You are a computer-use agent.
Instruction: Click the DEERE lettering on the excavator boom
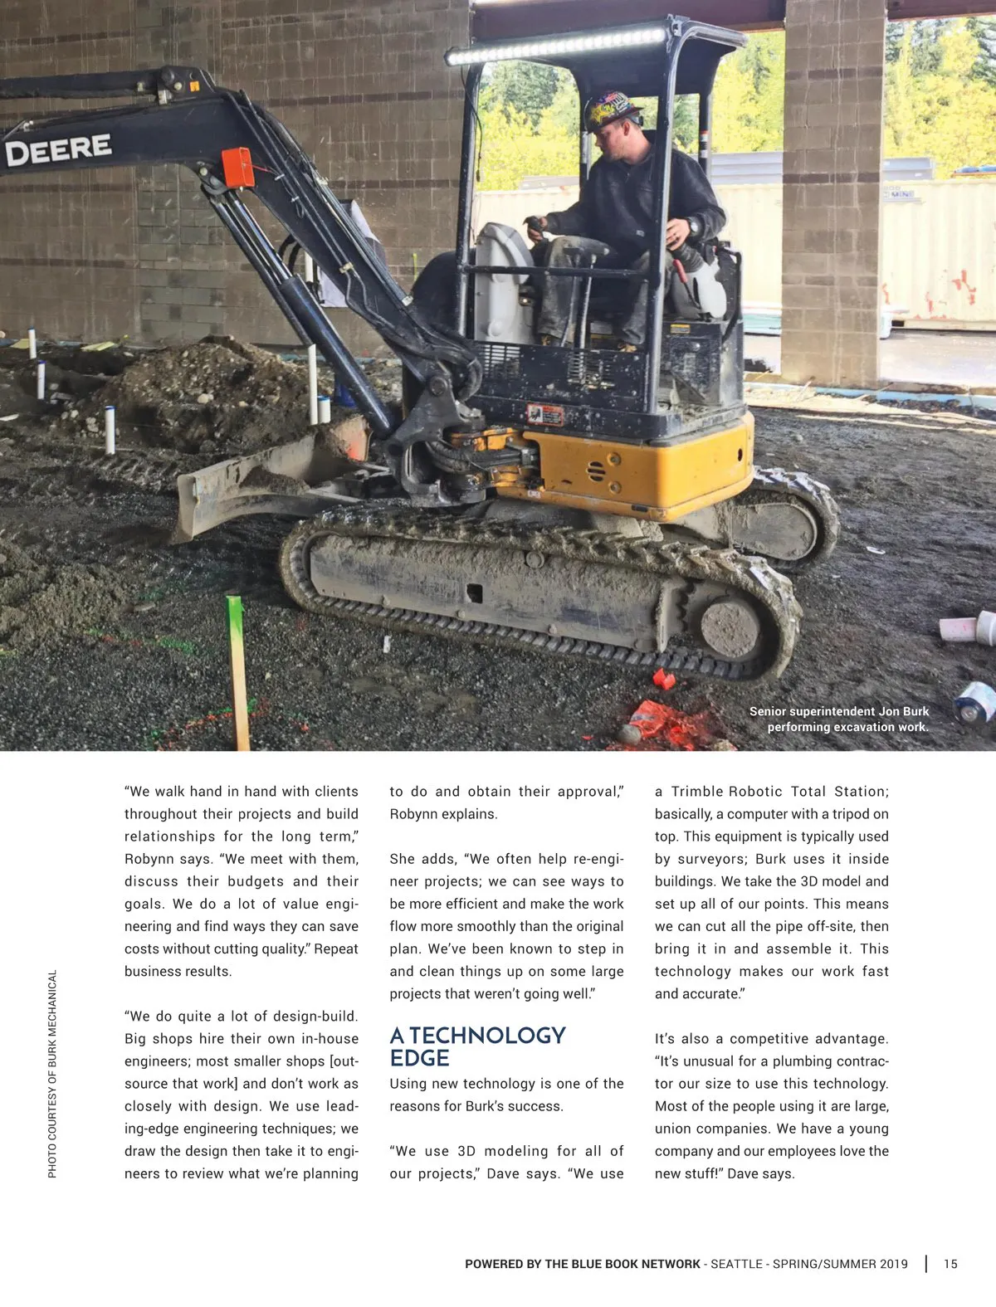[x=58, y=150]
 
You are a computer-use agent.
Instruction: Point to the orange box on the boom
[x=238, y=167]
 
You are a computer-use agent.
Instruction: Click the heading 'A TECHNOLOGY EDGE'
[x=477, y=1046]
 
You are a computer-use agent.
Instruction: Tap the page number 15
[x=950, y=1264]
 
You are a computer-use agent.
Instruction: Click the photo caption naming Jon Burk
[x=838, y=719]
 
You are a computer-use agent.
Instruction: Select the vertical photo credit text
[x=52, y=1074]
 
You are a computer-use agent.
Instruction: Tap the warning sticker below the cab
[x=544, y=414]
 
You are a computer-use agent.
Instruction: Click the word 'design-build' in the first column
[x=315, y=1017]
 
